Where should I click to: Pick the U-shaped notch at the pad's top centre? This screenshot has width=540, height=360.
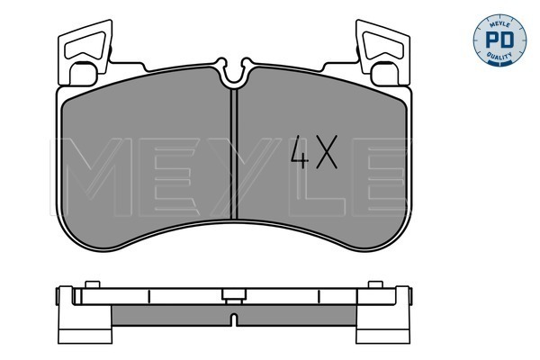234,75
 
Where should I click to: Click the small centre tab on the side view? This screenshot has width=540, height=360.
234,293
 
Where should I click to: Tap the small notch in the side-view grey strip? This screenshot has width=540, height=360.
234,318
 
